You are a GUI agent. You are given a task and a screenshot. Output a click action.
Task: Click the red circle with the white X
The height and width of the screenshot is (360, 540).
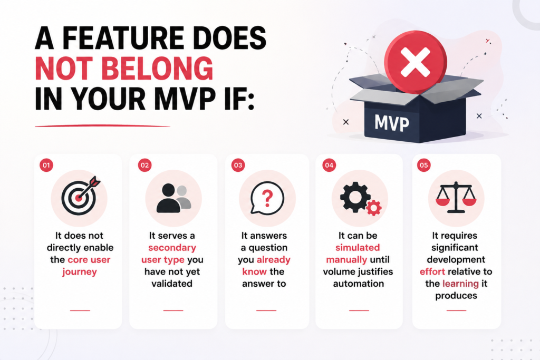click(x=416, y=62)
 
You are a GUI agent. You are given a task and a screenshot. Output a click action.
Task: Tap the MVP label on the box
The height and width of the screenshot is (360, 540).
click(x=392, y=123)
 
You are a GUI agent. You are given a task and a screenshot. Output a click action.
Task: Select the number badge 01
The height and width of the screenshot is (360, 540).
click(x=46, y=165)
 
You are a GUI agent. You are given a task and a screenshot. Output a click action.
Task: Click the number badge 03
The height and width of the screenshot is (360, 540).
click(x=238, y=165)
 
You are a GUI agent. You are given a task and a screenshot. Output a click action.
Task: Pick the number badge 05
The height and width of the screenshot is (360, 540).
click(x=423, y=165)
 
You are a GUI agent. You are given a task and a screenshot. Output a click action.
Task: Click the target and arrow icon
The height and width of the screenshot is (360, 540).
click(x=81, y=196)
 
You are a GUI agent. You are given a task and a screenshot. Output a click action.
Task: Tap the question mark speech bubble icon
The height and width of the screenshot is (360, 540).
click(x=267, y=198)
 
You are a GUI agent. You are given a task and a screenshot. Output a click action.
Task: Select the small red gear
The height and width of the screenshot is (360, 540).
click(x=374, y=208)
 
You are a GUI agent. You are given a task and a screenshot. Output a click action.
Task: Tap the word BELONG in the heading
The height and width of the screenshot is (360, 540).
click(x=157, y=69)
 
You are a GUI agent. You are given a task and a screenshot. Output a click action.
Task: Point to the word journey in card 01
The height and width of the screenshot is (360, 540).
click(x=80, y=272)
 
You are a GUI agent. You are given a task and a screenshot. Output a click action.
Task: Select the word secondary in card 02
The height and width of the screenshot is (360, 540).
click(x=172, y=247)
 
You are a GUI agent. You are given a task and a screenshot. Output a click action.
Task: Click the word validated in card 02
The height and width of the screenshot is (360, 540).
click(x=172, y=284)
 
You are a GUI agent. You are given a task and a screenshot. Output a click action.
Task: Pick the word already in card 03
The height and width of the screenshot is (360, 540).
click(x=274, y=260)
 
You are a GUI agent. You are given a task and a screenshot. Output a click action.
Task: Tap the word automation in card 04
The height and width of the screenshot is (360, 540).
click(x=359, y=284)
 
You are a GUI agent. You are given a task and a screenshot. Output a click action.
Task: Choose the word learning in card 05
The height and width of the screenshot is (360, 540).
click(x=460, y=284)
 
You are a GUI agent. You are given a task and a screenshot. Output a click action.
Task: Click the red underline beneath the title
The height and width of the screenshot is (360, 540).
click(x=103, y=126)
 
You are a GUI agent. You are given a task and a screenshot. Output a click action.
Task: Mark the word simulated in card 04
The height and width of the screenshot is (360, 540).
click(x=358, y=247)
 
